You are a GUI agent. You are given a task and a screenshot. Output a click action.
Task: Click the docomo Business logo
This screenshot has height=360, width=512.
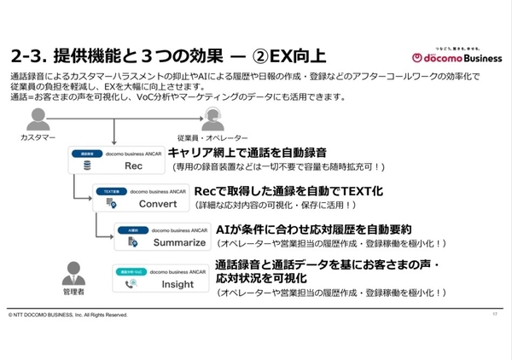(451, 57)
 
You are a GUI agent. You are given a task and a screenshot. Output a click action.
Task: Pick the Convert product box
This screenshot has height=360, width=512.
(140, 198)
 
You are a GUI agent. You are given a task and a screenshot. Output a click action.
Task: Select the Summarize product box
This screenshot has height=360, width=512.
(160, 236)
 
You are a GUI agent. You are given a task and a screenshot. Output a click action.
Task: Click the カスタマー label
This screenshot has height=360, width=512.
(38, 136)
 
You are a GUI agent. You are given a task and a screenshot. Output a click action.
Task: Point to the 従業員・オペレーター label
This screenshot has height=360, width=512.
(212, 136)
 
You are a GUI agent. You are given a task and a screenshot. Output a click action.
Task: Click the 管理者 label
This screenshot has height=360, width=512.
(74, 293)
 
